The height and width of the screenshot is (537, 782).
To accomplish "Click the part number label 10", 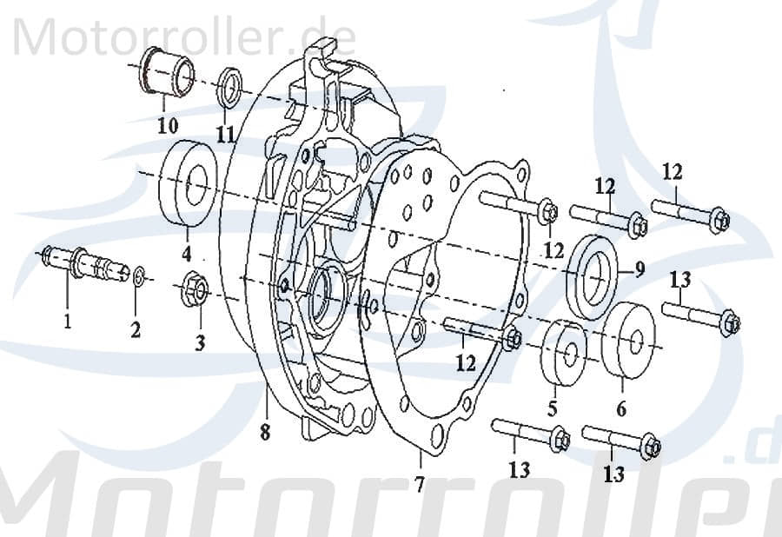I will click(168, 124).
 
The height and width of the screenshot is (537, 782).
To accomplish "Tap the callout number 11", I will click(226, 134).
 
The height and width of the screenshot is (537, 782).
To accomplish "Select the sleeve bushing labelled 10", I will click(168, 74).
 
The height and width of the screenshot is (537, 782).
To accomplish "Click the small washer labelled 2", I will click(140, 277).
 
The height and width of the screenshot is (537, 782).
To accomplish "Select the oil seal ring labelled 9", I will click(595, 272).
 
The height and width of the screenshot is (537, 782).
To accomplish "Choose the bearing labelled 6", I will click(629, 341).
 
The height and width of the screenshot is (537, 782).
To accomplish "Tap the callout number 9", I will click(640, 269).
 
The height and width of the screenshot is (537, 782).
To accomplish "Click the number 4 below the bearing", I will click(186, 255).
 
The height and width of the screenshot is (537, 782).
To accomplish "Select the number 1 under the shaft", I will click(67, 323).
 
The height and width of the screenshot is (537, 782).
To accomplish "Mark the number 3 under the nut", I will click(200, 343).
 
